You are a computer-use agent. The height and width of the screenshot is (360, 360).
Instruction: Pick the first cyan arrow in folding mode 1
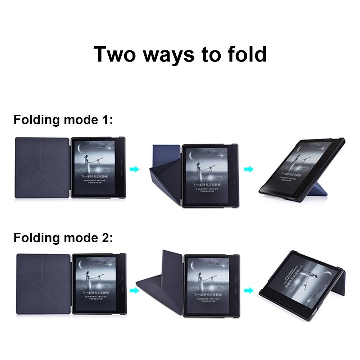point(134,169)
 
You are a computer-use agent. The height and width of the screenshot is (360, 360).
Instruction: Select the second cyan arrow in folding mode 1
point(248,169)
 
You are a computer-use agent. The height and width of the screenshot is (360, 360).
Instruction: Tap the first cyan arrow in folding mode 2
point(134,290)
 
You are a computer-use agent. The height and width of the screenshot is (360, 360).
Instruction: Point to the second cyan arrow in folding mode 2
point(248,290)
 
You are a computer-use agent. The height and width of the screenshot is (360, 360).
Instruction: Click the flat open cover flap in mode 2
point(43,283)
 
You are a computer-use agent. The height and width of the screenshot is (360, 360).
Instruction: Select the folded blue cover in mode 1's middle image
point(164,169)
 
